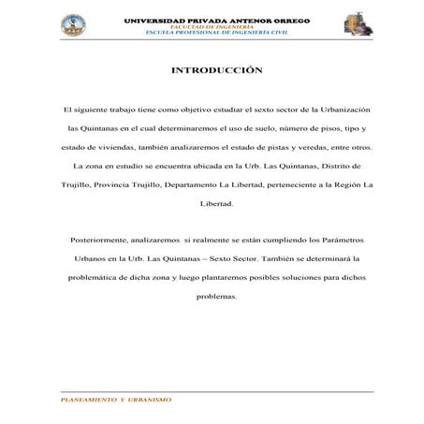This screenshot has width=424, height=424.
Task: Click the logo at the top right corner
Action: (357, 24)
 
